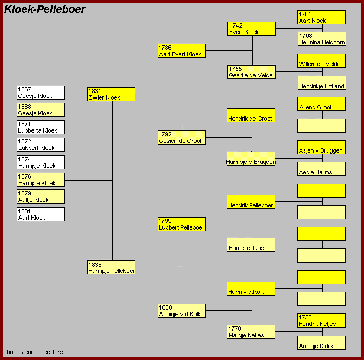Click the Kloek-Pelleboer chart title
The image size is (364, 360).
(x=45, y=10)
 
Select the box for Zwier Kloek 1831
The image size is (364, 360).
(x=111, y=94)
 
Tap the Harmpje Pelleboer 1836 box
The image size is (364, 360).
(x=111, y=267)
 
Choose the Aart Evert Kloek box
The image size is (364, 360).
(x=181, y=51)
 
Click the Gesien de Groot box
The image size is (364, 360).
(x=181, y=138)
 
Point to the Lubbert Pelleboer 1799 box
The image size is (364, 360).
(x=181, y=224)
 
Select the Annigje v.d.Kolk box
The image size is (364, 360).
(x=181, y=311)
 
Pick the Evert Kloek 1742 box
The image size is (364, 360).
(x=252, y=29)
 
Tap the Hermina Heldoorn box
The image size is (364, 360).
(x=322, y=39)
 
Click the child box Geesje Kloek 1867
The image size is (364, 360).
(x=41, y=93)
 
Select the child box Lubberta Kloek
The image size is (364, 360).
(x=41, y=127)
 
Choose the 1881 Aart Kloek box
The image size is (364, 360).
(x=41, y=214)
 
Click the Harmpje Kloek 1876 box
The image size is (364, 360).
(x=41, y=180)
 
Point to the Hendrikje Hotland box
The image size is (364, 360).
(x=322, y=83)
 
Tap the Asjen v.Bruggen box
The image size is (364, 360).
(x=321, y=147)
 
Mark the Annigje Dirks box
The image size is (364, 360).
(x=321, y=343)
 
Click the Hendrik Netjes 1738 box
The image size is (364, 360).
(x=321, y=320)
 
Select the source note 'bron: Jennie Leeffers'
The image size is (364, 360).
(x=35, y=352)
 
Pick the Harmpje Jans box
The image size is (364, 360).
(x=251, y=245)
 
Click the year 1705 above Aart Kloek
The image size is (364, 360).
(x=305, y=14)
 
